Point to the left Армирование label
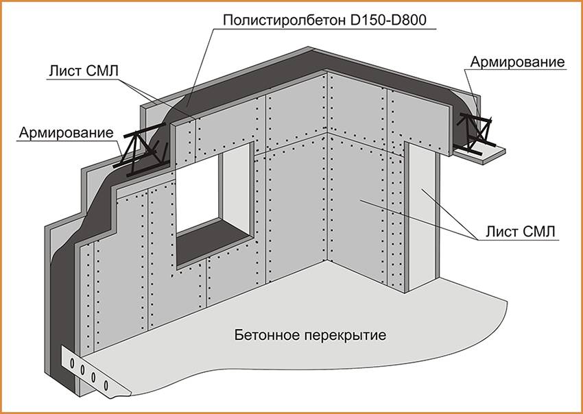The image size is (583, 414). coord(66,131)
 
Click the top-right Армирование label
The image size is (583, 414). coord(517,62)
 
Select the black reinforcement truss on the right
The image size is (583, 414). coord(475,130)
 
